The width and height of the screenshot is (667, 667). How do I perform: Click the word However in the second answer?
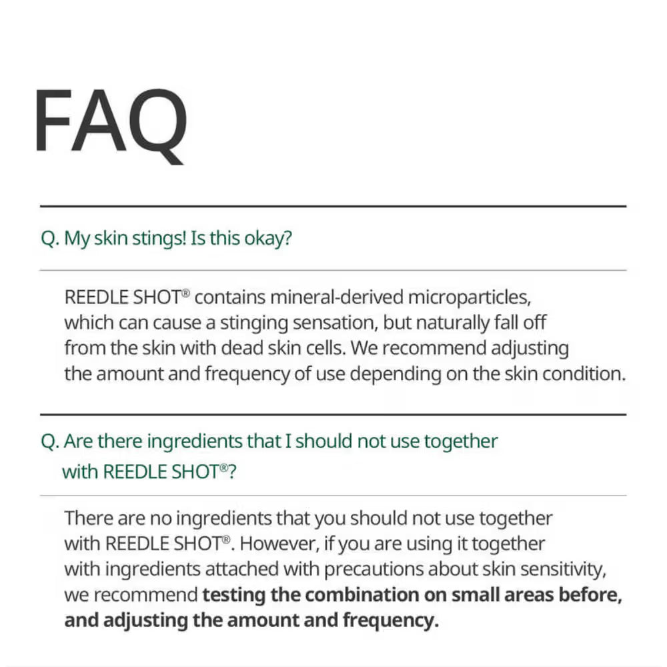[x=277, y=544]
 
